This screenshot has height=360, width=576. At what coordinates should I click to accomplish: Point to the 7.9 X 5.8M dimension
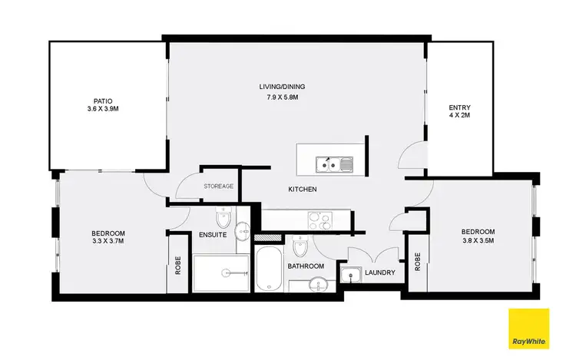pos(278,97)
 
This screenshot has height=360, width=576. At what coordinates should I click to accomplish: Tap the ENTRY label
pos(459,107)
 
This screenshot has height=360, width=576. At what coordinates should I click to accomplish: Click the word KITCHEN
pos(303,190)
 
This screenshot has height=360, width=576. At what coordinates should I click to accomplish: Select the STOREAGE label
pos(218,187)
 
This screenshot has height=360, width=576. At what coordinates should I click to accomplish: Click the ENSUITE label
pos(212,235)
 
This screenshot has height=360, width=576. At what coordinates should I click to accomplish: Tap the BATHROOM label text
pos(306,266)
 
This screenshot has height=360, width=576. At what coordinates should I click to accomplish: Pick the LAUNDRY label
pos(380,272)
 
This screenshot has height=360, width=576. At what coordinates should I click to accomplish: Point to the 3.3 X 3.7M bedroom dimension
pos(108,243)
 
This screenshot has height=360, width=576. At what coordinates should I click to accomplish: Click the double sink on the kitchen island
pos(334,163)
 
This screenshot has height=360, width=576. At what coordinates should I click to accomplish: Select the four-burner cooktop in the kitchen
pos(319,221)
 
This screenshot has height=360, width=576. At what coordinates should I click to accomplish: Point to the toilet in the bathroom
pos(300,247)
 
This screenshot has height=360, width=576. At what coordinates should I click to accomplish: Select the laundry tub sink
pos(355,275)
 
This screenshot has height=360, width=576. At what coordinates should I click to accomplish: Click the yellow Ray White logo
pos(529,328)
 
